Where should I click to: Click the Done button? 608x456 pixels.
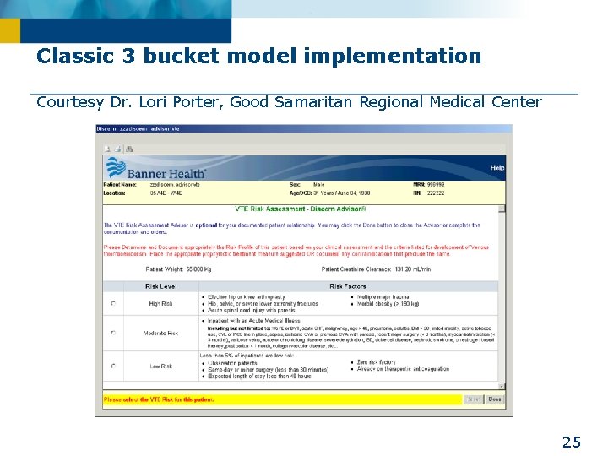tap(495, 399)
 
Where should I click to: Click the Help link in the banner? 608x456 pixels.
tap(497, 168)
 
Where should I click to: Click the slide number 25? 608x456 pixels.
tap(572, 442)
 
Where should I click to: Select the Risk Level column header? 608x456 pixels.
tap(160, 286)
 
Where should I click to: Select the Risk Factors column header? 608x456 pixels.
tap(347, 286)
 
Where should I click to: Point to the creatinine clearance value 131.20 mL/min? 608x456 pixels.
tap(398, 269)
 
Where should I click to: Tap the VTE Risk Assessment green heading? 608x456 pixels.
tap(300, 209)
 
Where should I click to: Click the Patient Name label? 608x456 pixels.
tap(119, 183)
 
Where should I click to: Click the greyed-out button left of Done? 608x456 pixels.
tap(473, 399)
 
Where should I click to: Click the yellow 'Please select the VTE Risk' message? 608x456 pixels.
tap(152, 399)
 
